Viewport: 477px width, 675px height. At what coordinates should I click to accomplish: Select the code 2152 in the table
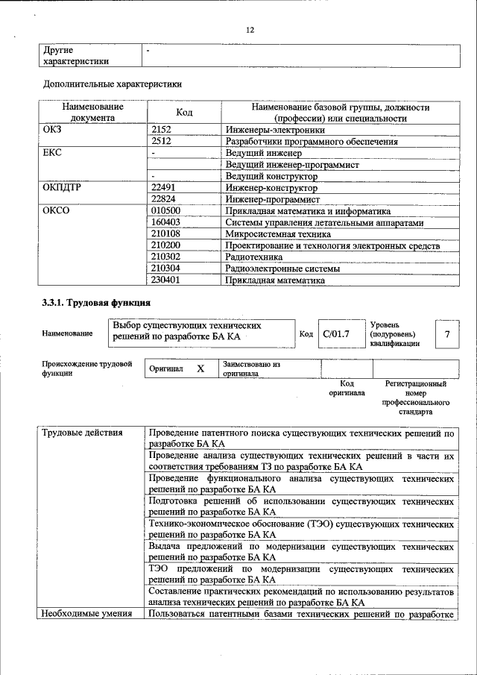pyautogui.click(x=162, y=130)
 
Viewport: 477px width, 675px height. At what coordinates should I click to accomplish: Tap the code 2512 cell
pyautogui.click(x=162, y=140)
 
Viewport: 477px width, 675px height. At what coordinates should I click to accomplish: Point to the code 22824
pyautogui.click(x=164, y=200)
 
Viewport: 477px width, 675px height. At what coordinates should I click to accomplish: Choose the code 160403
pyautogui.click(x=166, y=222)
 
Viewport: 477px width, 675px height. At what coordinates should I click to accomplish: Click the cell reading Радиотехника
pyautogui.click(x=255, y=257)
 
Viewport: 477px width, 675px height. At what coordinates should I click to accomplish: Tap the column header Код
pyautogui.click(x=184, y=113)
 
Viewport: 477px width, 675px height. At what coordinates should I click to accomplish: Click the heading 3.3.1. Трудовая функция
pyautogui.click(x=97, y=304)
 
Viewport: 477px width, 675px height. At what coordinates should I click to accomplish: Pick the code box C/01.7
pyautogui.click(x=336, y=333)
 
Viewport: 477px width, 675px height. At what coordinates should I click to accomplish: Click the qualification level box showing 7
pyautogui.click(x=447, y=333)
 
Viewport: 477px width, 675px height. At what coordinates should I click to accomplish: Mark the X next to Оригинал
pyautogui.click(x=200, y=369)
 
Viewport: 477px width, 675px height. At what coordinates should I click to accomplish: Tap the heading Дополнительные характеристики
pyautogui.click(x=113, y=84)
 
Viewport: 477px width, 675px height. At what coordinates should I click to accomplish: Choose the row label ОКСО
pyautogui.click(x=57, y=211)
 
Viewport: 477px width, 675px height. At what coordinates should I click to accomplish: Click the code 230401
pyautogui.click(x=166, y=280)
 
